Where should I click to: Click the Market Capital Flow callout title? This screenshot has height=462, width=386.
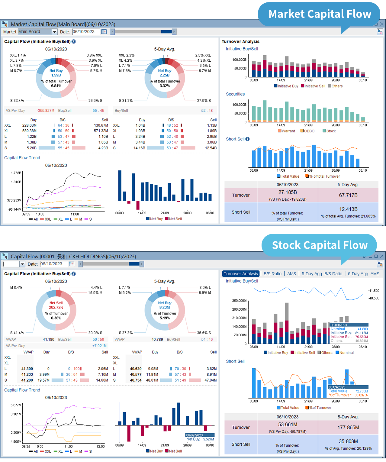320,14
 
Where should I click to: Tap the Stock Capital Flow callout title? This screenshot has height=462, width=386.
320,245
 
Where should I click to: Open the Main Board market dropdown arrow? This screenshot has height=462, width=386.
54,32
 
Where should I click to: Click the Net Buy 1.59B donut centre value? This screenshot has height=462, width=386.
56,75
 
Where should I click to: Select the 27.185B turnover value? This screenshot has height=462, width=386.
288,192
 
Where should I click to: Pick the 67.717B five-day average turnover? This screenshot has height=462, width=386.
348,195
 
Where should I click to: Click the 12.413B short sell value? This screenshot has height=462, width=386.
348,209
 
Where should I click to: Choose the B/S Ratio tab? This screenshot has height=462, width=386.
272,274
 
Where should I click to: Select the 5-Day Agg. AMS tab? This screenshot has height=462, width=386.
363,274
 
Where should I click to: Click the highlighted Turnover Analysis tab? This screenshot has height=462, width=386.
241,274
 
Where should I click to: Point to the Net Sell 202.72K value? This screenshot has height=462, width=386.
56,307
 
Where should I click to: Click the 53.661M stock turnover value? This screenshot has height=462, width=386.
288,425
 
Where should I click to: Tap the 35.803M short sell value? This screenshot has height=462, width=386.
348,441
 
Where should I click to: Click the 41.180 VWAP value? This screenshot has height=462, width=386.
48,340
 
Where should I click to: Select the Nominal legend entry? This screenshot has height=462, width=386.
346,353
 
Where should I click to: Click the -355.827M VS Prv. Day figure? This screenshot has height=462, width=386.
45,111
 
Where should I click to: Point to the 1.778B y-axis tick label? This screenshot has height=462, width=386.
16,173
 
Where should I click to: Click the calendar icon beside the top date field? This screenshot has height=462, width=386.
104,32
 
